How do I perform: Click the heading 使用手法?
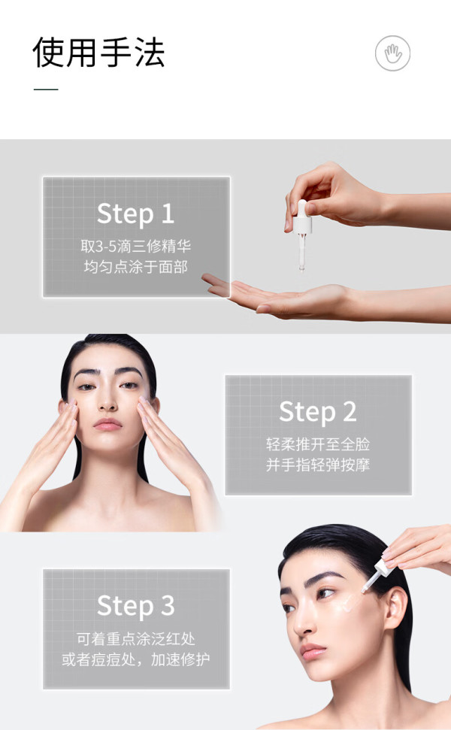click(x=98, y=52)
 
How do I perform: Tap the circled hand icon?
click(x=392, y=53)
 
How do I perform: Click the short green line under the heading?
click(x=46, y=89)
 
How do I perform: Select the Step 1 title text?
click(x=135, y=214)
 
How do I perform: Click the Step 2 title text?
click(x=318, y=412)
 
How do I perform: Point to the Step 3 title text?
click(x=135, y=606)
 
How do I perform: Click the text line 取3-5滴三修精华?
click(x=135, y=246)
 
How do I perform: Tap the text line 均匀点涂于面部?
click(x=135, y=267)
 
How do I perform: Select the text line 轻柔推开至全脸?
click(x=318, y=444)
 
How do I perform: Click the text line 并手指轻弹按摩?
click(x=318, y=465)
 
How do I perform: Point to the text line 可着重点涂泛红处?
click(x=135, y=639)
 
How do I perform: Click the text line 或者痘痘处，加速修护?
click(x=135, y=659)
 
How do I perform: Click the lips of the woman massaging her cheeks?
click(x=107, y=424)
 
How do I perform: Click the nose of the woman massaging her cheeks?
click(x=107, y=400)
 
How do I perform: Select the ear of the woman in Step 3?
click(x=395, y=608)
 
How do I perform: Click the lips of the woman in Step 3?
click(x=311, y=651)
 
